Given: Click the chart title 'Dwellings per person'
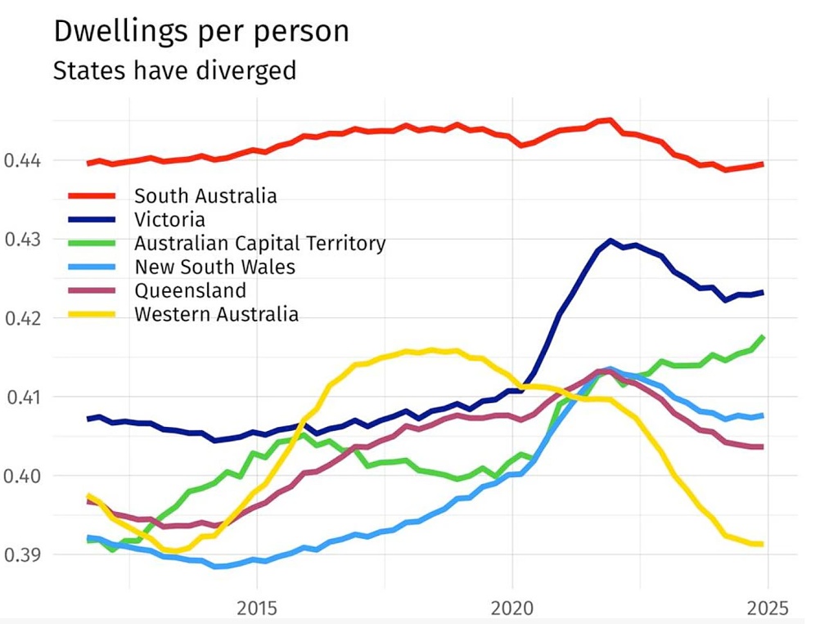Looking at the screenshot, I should click(200, 31).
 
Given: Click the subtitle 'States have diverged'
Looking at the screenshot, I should click(174, 70).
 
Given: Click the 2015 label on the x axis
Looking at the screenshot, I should click(257, 608).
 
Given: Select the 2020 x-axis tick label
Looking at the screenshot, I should click(512, 608).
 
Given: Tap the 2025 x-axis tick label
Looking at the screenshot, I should click(768, 608).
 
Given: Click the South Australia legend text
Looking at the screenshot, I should click(205, 196).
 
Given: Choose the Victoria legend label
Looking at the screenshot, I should click(169, 220).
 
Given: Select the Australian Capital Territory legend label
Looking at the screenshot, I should click(259, 244).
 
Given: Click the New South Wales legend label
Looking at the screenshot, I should click(214, 267).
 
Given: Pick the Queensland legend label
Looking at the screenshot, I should click(190, 290).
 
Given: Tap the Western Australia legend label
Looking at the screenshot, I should click(216, 314).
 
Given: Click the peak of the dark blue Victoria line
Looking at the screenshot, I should click(610, 240).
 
